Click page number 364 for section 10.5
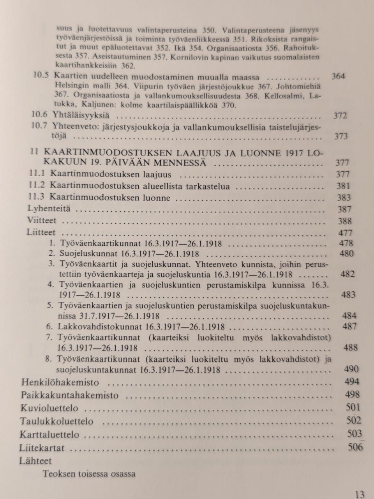pos(337,76)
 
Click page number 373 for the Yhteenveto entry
pos(341,136)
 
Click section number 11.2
pos(37,186)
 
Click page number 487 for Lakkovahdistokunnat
pos(349,326)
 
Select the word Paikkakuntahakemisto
pos(69,395)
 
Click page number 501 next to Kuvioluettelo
pos(353,408)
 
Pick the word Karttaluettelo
pos(49,435)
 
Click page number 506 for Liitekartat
pos(355,447)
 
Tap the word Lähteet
pos(35,461)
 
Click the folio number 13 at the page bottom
pos(360,494)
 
